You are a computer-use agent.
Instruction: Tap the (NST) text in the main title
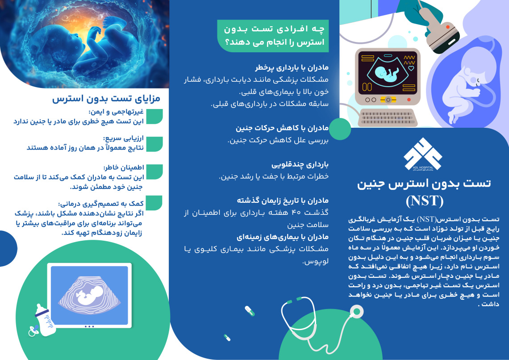[424, 201]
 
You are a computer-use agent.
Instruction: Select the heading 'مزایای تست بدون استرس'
[106, 99]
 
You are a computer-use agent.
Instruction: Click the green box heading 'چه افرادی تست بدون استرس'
[273, 36]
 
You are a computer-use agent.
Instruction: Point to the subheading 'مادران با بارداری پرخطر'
[292, 67]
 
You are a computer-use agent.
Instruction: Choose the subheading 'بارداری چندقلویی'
[300, 164]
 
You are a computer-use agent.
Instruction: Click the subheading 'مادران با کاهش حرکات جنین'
[282, 128]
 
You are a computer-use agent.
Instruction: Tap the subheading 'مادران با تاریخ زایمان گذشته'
[283, 201]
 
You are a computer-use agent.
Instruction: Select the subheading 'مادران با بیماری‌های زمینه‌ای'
[283, 237]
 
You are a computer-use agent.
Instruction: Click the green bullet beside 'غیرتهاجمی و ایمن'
[154, 117]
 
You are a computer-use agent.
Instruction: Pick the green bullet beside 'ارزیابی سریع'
[154, 144]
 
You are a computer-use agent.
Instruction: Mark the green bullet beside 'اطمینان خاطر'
[154, 172]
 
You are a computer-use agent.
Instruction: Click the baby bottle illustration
[45, 320]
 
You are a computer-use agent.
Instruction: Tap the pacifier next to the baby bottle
[33, 331]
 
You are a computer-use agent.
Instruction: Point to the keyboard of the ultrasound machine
[387, 117]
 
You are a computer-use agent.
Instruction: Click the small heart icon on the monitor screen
[411, 68]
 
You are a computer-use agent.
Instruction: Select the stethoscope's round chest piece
[356, 312]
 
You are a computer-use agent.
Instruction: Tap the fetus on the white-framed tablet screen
[88, 295]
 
